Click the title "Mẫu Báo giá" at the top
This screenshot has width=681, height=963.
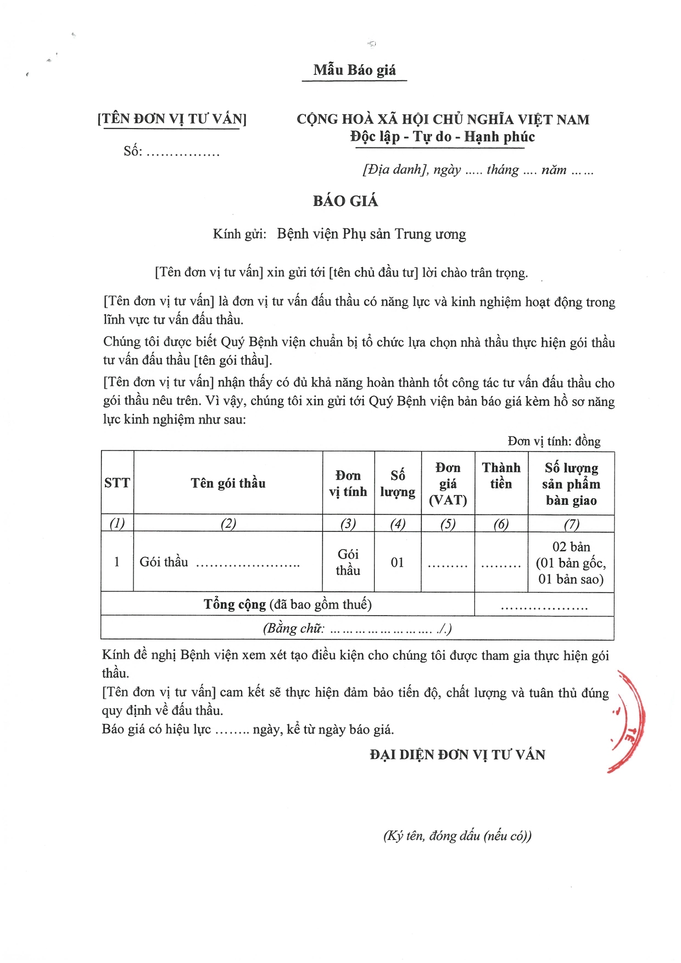[x=354, y=70]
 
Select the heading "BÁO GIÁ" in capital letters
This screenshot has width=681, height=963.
[x=345, y=201]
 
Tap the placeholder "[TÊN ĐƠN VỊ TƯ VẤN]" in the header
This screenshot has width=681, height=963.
[x=172, y=119]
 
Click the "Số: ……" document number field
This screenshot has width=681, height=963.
[x=171, y=152]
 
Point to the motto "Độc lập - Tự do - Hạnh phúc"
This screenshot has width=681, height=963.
[x=442, y=137]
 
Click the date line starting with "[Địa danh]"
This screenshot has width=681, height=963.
[x=478, y=170]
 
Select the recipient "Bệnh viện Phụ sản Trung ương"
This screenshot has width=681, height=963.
[x=371, y=235]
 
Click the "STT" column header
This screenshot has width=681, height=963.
[x=117, y=483]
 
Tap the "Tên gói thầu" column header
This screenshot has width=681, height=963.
[x=228, y=483]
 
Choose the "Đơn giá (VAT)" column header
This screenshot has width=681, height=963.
[x=448, y=483]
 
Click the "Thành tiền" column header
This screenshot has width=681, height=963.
[x=501, y=476]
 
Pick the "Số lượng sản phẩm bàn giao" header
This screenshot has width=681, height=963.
[x=571, y=484]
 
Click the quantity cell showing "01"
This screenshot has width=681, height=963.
[x=398, y=563]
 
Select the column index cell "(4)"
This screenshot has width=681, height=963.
[x=398, y=524]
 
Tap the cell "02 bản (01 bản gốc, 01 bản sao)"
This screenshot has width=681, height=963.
[x=571, y=563]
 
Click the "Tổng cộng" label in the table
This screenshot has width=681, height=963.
[x=235, y=604]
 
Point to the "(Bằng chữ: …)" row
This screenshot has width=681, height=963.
[x=357, y=628]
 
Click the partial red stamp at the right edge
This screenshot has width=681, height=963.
[x=629, y=720]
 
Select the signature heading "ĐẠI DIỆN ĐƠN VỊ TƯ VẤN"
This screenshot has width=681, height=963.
[x=457, y=755]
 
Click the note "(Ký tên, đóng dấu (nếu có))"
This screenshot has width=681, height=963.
[x=457, y=836]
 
